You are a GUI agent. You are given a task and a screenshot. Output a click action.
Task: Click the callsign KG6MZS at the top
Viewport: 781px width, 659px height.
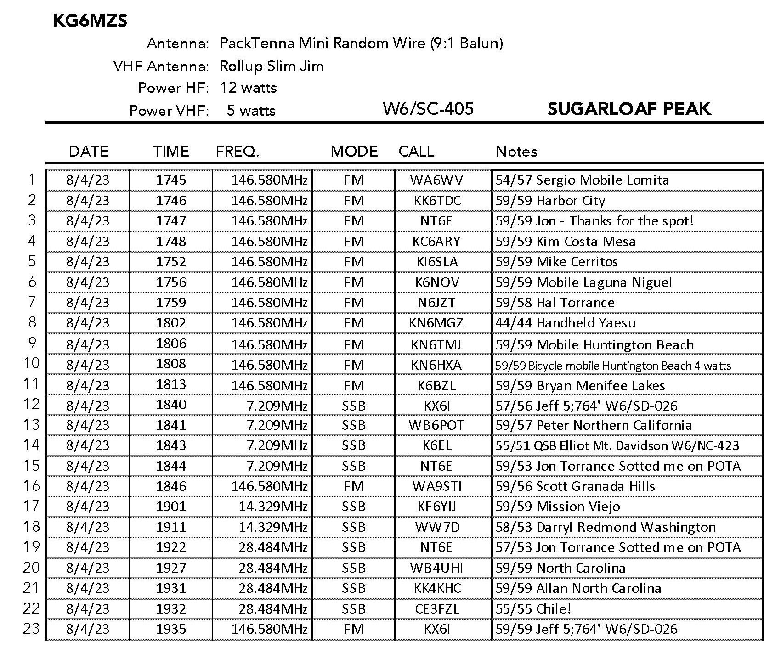[x=90, y=21]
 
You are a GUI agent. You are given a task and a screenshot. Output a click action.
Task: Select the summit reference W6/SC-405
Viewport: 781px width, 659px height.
[x=428, y=109]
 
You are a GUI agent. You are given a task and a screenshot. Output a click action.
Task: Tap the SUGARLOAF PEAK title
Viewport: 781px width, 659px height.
[x=629, y=109]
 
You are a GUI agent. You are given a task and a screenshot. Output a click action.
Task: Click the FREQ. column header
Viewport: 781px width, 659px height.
[x=238, y=151]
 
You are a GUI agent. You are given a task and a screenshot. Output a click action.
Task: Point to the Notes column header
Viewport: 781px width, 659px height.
[x=516, y=151]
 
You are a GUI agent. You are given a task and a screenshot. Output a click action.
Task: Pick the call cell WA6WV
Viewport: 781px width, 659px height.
[x=436, y=180]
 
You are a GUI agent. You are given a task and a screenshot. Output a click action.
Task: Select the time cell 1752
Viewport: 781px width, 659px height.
[x=171, y=261]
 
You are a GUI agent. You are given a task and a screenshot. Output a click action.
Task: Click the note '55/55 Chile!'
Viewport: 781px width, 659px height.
[x=533, y=608]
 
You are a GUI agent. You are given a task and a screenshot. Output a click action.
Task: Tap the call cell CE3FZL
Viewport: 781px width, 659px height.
[x=436, y=608]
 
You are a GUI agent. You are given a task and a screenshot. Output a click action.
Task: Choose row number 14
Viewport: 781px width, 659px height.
[x=31, y=445]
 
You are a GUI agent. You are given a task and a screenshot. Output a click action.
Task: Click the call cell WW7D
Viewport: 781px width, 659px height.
[x=436, y=527]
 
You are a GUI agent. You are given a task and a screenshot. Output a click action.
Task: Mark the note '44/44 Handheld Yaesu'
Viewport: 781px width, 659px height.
[x=565, y=323]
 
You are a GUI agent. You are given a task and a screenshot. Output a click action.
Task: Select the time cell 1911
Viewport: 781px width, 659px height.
[x=171, y=527]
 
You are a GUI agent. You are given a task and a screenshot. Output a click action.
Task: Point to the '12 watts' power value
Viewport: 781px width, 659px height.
[x=248, y=88]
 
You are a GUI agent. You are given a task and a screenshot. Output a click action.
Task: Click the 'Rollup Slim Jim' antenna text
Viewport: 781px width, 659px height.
[x=272, y=66]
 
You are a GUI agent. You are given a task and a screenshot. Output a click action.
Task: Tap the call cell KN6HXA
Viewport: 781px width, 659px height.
[x=436, y=365]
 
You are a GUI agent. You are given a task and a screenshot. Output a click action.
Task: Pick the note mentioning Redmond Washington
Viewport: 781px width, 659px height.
[x=605, y=527]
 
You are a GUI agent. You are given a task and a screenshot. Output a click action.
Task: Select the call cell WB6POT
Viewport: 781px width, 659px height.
[x=436, y=425]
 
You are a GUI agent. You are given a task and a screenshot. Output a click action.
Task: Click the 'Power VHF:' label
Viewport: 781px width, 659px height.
[x=169, y=111]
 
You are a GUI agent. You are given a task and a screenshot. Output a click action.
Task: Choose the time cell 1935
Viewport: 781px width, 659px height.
[x=171, y=629]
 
